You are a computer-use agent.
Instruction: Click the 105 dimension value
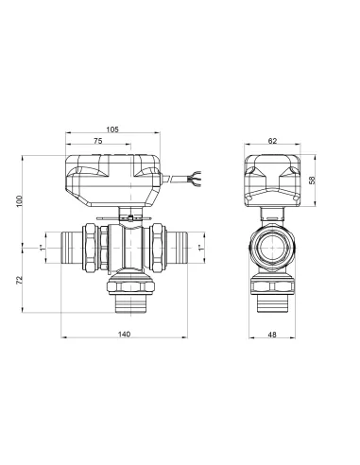[112, 129]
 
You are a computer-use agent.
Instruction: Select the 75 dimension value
[98, 140]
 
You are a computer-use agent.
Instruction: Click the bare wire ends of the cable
[197, 175]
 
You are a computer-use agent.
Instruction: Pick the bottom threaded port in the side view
[273, 304]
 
